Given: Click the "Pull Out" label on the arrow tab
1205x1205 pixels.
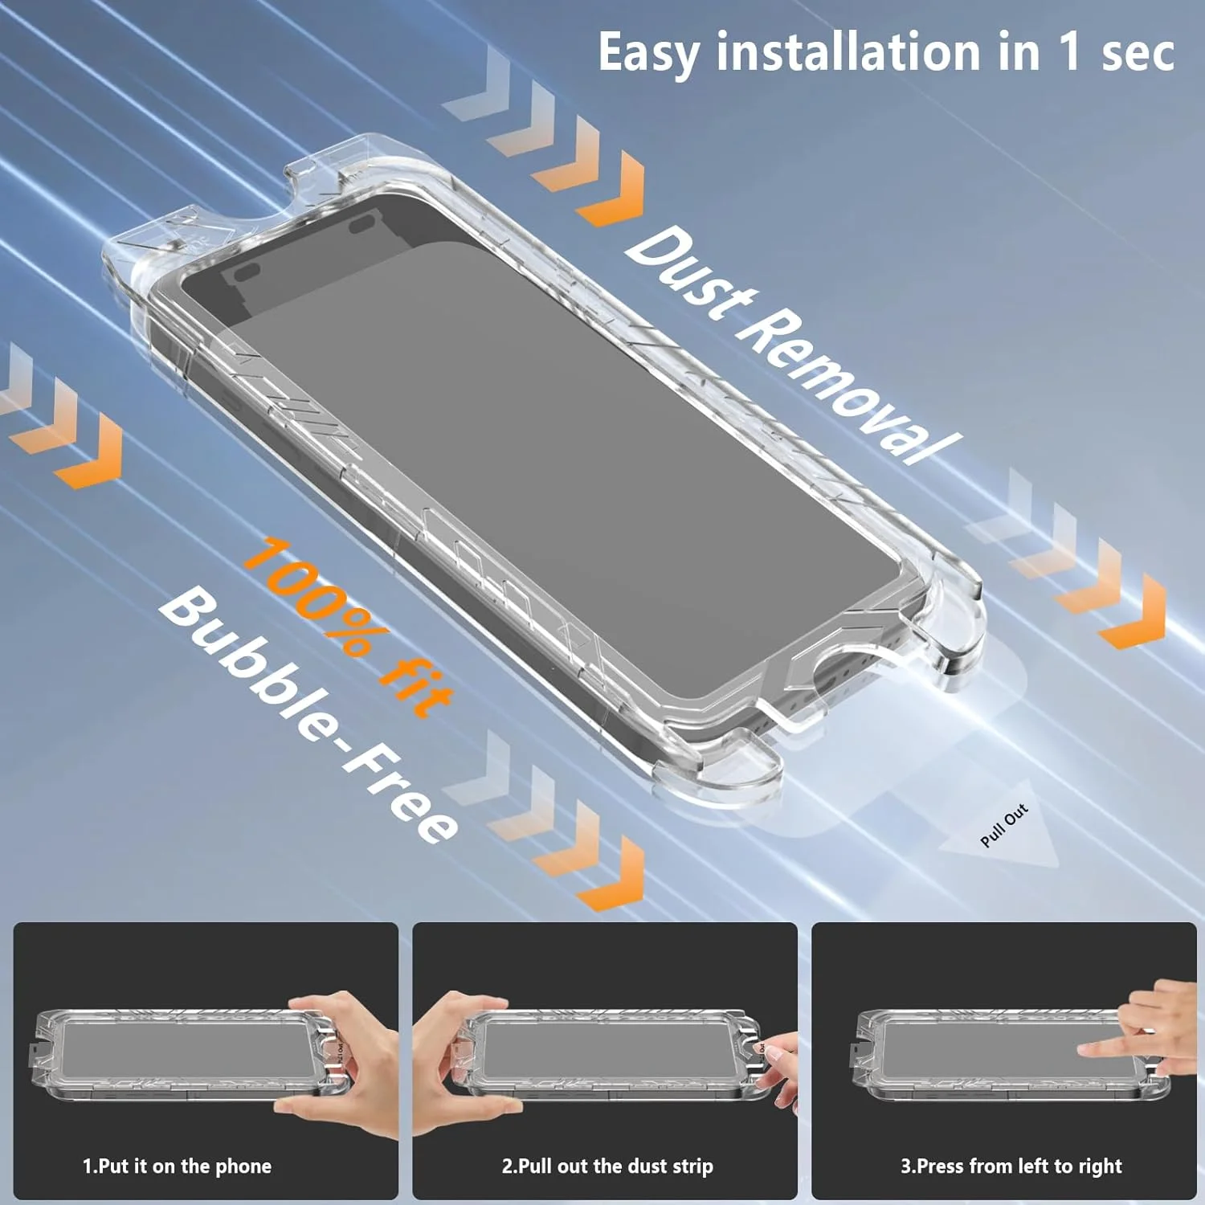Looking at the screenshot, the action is pyautogui.click(x=1004, y=825).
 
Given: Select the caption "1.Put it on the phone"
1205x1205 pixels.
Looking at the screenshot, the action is pyautogui.click(x=177, y=1166).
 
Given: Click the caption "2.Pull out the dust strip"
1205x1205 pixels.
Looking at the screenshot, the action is pyautogui.click(x=607, y=1166).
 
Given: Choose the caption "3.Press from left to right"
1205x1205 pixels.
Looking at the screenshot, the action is pyautogui.click(x=1011, y=1166).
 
